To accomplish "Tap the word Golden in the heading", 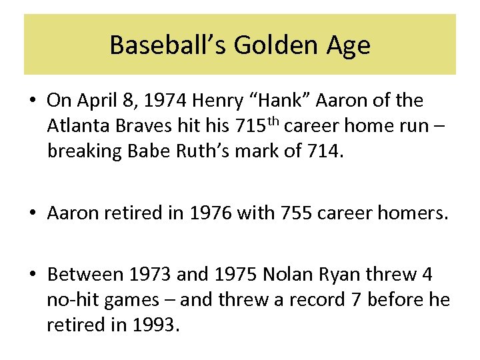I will [x=261, y=45].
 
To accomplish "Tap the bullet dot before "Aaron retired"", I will [x=33, y=214].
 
